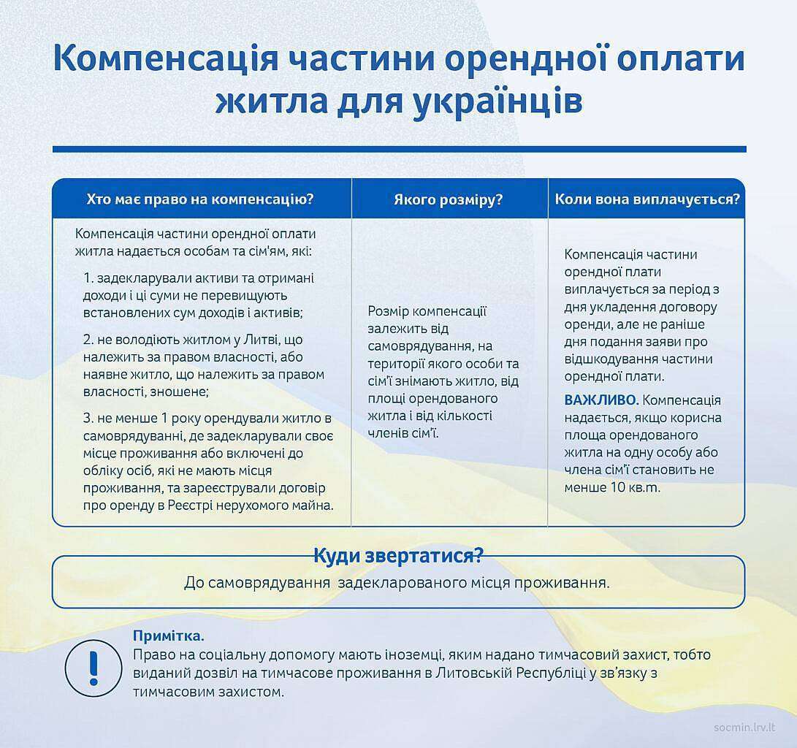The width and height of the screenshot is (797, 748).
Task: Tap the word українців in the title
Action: click(x=497, y=102)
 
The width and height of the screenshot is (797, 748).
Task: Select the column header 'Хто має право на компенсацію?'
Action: click(x=200, y=199)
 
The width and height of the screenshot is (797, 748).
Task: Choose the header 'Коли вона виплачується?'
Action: click(x=647, y=199)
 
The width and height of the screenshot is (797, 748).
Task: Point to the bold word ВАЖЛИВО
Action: click(x=601, y=400)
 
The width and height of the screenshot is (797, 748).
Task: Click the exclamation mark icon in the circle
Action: click(x=93, y=668)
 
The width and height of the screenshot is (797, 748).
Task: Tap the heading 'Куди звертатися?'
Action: click(x=398, y=556)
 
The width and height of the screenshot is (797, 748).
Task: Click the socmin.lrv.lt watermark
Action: click(x=744, y=728)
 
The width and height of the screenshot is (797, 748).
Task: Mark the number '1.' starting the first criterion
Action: click(x=89, y=278)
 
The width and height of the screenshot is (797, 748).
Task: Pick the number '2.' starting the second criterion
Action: click(x=89, y=340)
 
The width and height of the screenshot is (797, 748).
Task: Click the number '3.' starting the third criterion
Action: click(x=89, y=419)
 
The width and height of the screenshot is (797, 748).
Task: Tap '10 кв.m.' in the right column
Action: click(x=634, y=487)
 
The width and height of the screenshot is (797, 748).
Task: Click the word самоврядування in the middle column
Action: click(x=416, y=346)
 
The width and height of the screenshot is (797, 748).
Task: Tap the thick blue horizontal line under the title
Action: click(x=399, y=149)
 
